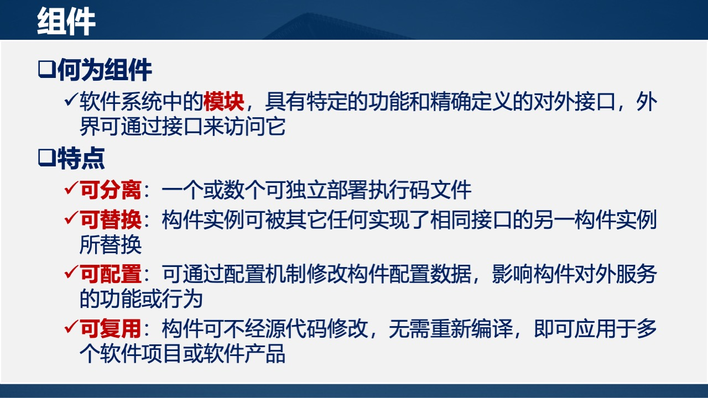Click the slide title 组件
pyautogui.click(x=66, y=22)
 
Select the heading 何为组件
pyautogui.click(x=105, y=71)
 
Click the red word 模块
pyautogui.click(x=223, y=102)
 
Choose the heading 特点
pyautogui.click(x=81, y=159)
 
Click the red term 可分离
pyautogui.click(x=111, y=191)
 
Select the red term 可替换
pyautogui.click(x=111, y=220)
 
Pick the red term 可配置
pyautogui.click(x=111, y=274)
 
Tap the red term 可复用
pyautogui.click(x=111, y=329)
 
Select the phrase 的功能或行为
pyautogui.click(x=141, y=299)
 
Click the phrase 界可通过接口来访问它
pyautogui.click(x=183, y=128)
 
